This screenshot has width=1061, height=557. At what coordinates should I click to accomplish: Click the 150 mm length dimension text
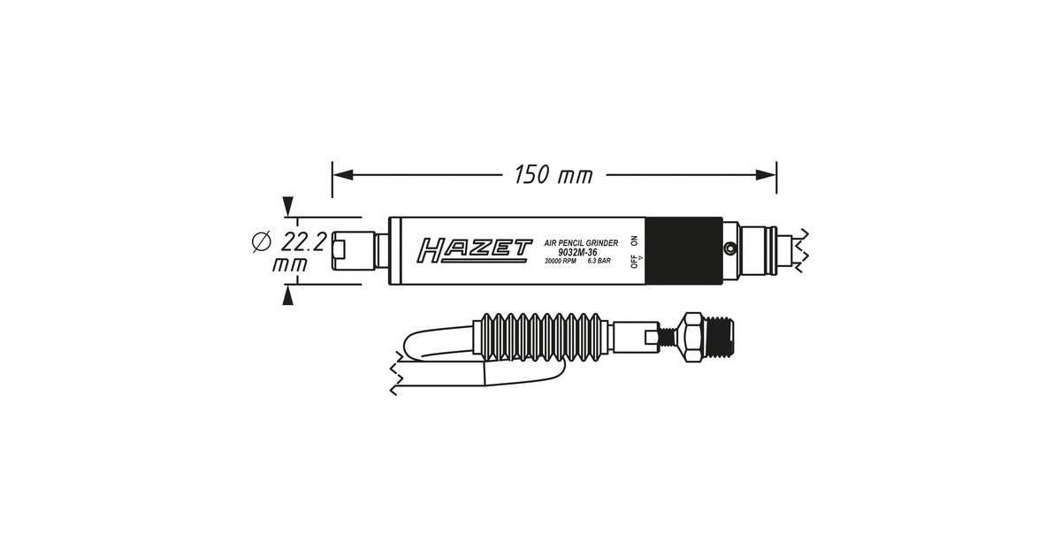(553, 175)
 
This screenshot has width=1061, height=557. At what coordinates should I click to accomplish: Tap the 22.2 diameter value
(303, 243)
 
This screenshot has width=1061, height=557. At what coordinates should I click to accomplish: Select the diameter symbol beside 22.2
(261, 241)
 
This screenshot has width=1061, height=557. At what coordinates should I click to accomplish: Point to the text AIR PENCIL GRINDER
(581, 243)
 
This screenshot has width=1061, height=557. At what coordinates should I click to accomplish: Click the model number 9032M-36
(577, 253)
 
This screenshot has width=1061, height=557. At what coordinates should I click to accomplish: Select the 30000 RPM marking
(561, 261)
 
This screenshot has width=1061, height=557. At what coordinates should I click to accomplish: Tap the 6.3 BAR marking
(599, 261)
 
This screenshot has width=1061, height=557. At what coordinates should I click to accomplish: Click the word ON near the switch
(634, 240)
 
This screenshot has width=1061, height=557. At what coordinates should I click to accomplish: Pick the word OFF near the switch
(634, 262)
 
